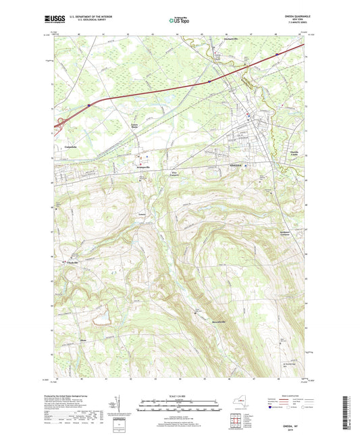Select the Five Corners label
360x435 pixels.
[x=174, y=174]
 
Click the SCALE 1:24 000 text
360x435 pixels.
[x=180, y=395]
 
